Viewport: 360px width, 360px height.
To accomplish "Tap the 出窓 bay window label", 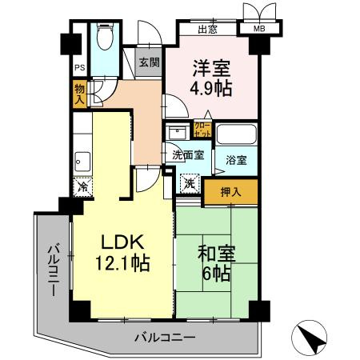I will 208,30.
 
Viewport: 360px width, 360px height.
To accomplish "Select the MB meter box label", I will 258,30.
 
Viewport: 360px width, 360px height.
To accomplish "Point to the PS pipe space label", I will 79,69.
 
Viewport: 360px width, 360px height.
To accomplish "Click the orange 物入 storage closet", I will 79,94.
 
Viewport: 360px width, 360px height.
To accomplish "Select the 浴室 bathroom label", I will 235,160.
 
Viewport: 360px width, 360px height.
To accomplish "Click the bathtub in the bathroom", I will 236,134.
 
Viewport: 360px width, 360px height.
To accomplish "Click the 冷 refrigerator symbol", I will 82,187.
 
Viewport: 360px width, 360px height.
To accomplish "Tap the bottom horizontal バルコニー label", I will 164,338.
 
